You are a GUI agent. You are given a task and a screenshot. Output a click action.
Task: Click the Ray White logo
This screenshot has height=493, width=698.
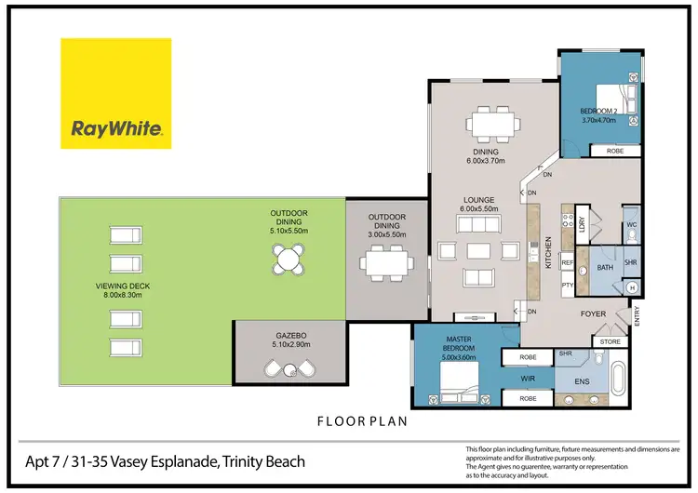point(116,93)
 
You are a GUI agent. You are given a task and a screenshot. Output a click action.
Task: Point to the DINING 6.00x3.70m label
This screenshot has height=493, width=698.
point(486,156)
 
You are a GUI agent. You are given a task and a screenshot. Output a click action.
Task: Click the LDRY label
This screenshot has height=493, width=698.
point(582,224)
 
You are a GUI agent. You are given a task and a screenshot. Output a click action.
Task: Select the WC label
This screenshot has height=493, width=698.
point(630,226)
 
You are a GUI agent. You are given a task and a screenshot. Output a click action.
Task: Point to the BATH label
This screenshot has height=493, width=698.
point(605,268)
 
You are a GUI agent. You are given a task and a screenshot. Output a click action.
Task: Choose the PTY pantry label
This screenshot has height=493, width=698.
point(567,285)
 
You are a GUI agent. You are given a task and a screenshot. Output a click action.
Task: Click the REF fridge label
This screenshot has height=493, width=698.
point(567,263)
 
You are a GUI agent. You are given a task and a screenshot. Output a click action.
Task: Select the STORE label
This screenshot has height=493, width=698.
point(610,341)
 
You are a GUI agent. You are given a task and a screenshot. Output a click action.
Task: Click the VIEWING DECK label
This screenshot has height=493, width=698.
point(118,290)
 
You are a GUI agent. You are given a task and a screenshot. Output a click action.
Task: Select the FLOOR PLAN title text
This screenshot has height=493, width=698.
point(361,420)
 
